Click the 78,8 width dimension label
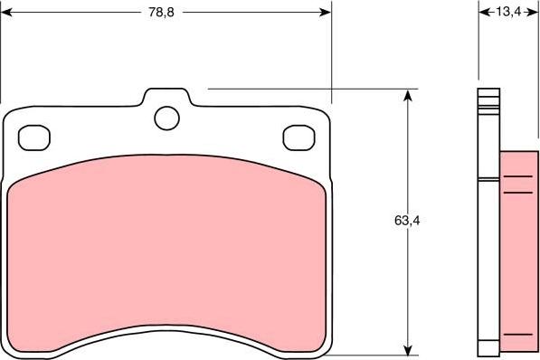(162, 12)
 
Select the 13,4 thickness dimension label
(508, 12)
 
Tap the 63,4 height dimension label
(407, 220)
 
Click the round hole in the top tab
(166, 117)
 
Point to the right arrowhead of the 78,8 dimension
(327, 12)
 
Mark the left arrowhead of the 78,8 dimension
(6, 12)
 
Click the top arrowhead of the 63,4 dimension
(409, 94)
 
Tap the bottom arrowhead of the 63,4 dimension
(409, 352)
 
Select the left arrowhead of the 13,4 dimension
(482, 12)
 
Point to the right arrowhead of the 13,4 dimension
(535, 12)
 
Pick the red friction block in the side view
(517, 253)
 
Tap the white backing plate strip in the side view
(488, 226)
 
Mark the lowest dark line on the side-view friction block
(517, 335)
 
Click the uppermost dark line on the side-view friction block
(517, 176)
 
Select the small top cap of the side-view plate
(488, 95)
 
